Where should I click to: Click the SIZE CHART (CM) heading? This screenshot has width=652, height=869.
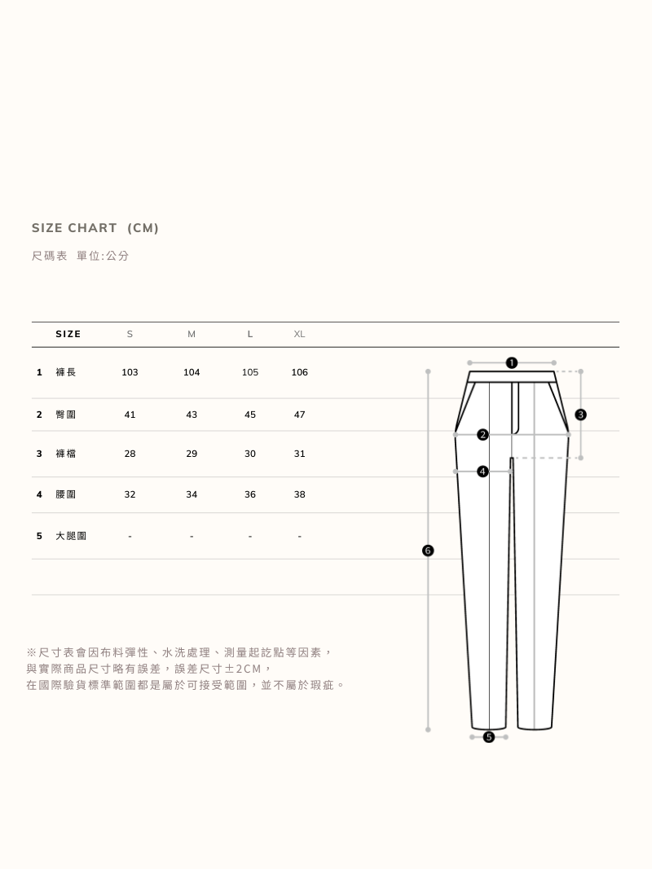(x=95, y=228)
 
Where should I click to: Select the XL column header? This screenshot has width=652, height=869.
(x=299, y=334)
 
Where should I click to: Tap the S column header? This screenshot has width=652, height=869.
(x=130, y=334)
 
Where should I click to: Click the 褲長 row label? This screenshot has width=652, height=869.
(x=65, y=372)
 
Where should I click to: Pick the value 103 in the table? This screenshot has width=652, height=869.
(x=130, y=372)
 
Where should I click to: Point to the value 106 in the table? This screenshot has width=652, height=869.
(x=299, y=372)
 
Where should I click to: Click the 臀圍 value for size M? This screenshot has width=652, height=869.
(x=192, y=415)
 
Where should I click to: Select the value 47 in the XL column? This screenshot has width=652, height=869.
(x=299, y=415)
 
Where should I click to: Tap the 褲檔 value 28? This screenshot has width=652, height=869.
(x=130, y=454)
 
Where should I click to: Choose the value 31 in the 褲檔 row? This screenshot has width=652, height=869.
(x=299, y=454)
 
